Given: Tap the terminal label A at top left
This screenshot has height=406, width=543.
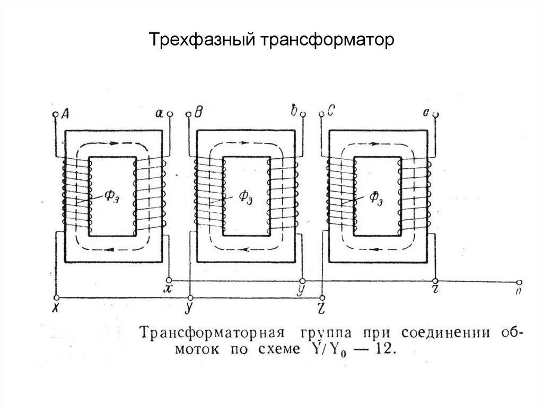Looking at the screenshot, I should [66, 113].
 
